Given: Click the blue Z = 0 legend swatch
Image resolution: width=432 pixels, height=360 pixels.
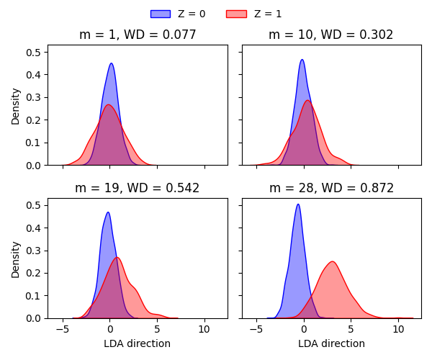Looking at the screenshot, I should tap(161, 14).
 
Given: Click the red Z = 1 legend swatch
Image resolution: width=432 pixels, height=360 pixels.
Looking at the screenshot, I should tap(236, 14).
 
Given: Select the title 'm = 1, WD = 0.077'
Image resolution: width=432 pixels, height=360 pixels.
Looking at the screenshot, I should tap(138, 35).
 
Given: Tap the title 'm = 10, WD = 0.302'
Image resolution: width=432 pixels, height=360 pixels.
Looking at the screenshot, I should tap(331, 35).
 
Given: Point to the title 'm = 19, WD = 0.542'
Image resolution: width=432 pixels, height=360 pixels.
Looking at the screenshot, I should tap(138, 189).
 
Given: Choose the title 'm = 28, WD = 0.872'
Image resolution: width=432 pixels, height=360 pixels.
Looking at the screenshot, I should tap(331, 189).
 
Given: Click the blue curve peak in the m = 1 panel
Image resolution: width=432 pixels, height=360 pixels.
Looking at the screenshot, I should tap(112, 63).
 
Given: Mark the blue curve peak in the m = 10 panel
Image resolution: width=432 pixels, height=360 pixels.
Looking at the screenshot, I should tap(302, 60).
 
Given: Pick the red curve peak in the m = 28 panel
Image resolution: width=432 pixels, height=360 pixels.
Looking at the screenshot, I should tap(332, 261).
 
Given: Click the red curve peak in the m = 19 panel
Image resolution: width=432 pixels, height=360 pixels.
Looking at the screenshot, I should tap(117, 258).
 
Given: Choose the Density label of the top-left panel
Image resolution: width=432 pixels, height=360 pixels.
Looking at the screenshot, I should tap(16, 105).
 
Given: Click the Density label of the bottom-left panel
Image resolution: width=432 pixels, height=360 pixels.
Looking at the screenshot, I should tap(16, 258).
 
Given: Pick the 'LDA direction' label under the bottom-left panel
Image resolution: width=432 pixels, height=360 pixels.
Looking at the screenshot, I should tap(138, 343).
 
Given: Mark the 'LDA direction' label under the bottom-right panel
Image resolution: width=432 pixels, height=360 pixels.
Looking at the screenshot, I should tap(331, 343).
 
